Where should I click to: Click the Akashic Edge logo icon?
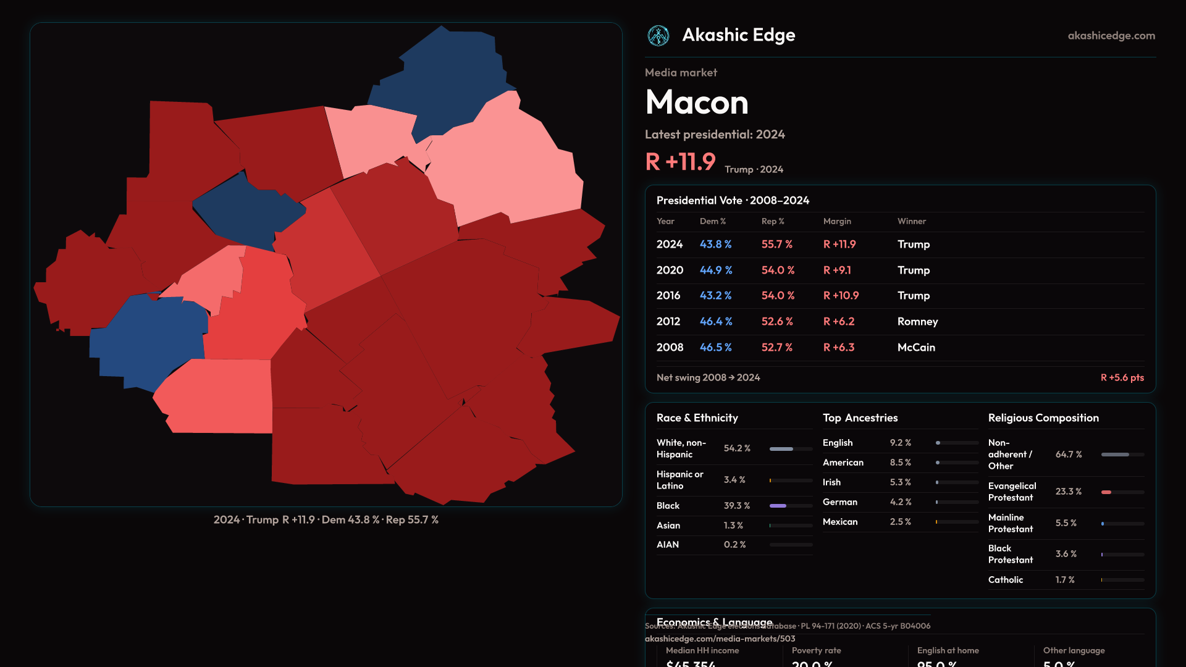pyautogui.click(x=658, y=36)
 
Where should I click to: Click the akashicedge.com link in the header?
pyautogui.click(x=1111, y=36)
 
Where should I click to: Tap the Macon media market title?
pyautogui.click(x=697, y=103)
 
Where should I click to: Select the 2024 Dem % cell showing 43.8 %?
pyautogui.click(x=715, y=245)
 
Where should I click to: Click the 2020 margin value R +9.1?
pyautogui.click(x=837, y=271)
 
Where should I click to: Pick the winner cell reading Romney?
pyautogui.click(x=917, y=322)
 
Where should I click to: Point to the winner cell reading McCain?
pyautogui.click(x=916, y=348)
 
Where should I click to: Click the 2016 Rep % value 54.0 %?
pyautogui.click(x=778, y=296)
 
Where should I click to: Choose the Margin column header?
pyautogui.click(x=837, y=221)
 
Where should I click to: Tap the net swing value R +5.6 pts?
pyautogui.click(x=1122, y=378)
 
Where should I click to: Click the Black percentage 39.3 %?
pyautogui.click(x=737, y=506)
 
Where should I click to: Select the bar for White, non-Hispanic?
pyautogui.click(x=791, y=449)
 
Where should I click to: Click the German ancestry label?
pyautogui.click(x=839, y=502)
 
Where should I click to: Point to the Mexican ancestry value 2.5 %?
pyautogui.click(x=900, y=522)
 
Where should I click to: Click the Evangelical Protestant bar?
pyautogui.click(x=1122, y=492)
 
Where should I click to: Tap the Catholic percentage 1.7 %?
pyautogui.click(x=1065, y=580)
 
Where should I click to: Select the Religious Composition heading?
pyautogui.click(x=1043, y=418)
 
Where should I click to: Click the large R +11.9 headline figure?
pyautogui.click(x=680, y=162)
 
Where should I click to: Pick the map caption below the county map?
pyautogui.click(x=326, y=520)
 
